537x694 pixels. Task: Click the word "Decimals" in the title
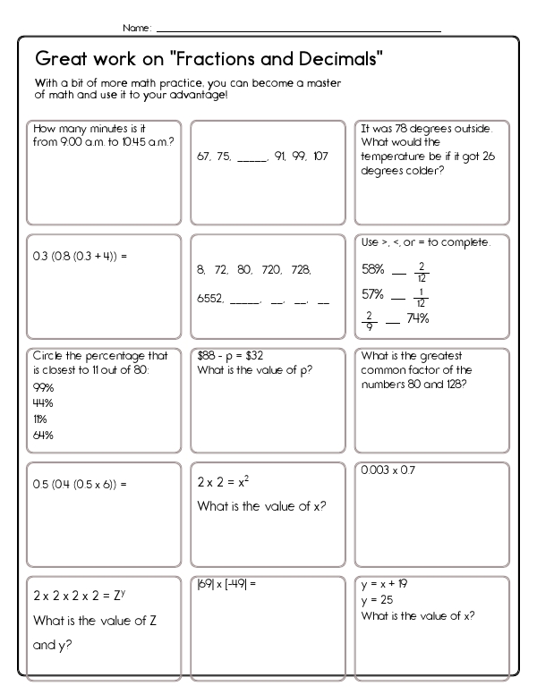click(x=336, y=60)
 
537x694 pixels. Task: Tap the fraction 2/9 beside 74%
click(x=368, y=319)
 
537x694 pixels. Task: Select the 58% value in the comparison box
click(x=373, y=268)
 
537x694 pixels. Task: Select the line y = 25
click(x=376, y=599)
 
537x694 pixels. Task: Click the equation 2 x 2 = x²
click(x=223, y=481)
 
